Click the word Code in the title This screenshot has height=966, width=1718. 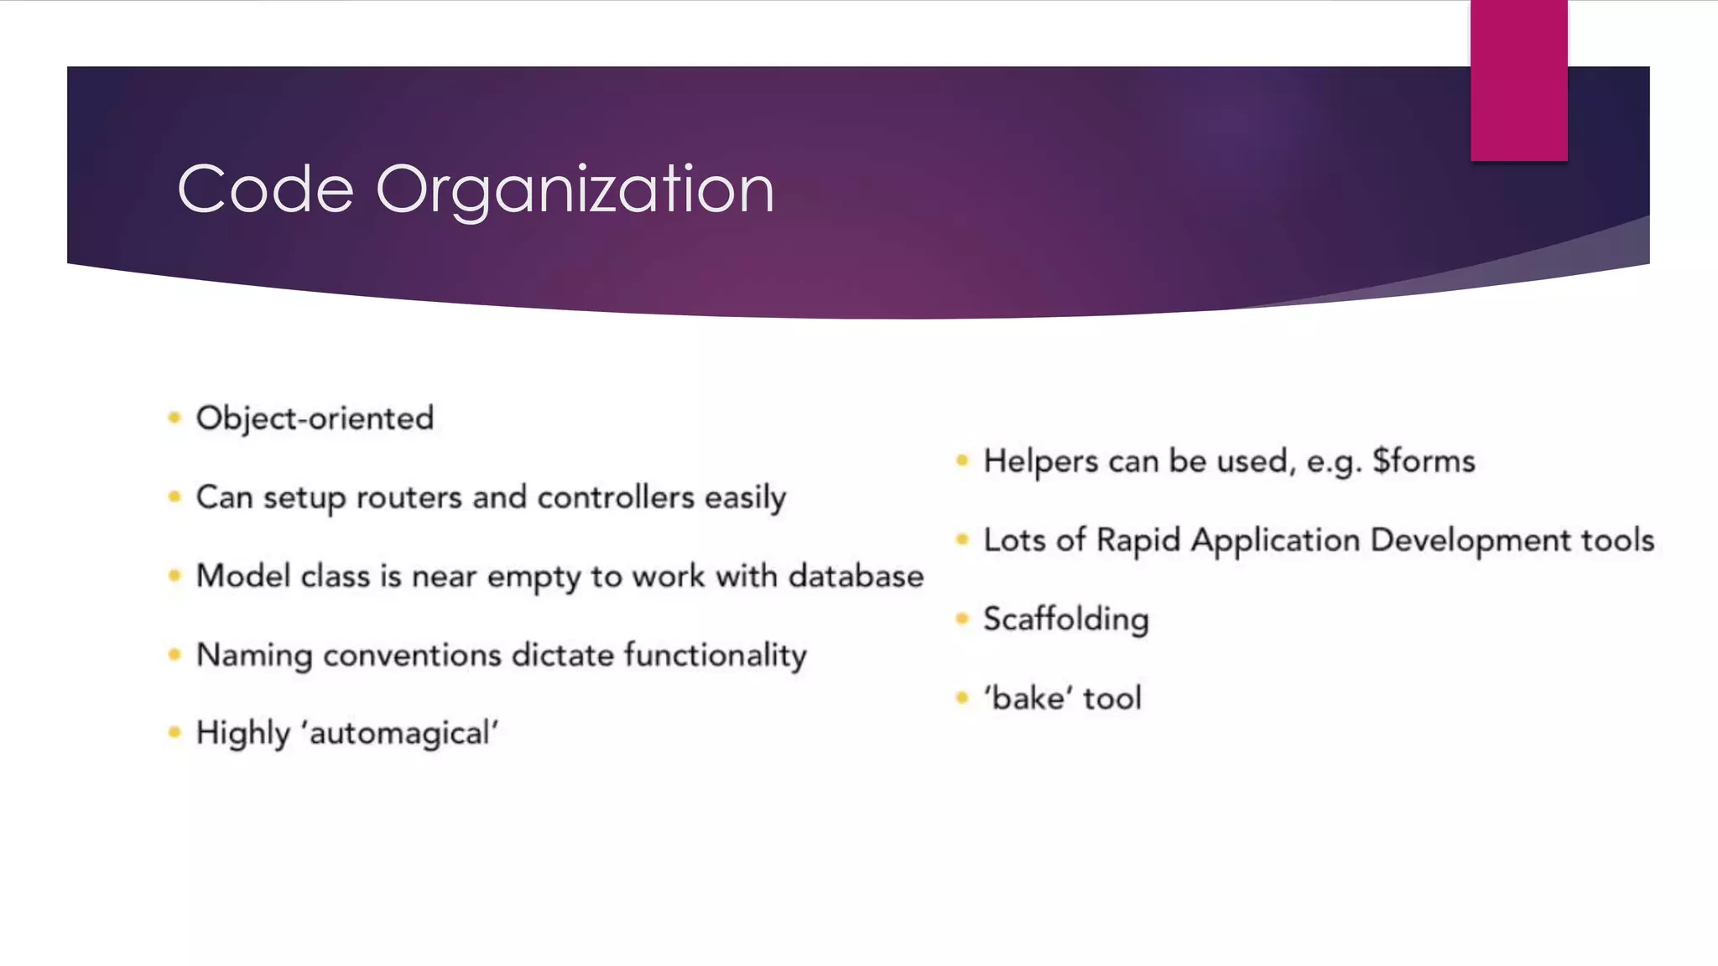click(265, 190)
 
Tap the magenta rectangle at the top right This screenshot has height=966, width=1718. click(1518, 80)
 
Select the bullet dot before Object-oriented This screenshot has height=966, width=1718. click(174, 418)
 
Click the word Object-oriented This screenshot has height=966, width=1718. click(315, 418)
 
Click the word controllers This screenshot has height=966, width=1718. click(616, 498)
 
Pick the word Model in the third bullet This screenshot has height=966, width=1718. click(242, 576)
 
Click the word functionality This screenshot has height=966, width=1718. click(715, 655)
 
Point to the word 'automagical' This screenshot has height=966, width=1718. click(403, 734)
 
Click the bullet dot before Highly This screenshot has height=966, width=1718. click(174, 733)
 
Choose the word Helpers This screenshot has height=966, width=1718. click(1040, 462)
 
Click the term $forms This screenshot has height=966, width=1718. click(1424, 461)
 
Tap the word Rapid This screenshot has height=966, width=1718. click(1138, 541)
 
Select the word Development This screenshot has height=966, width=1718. click(1470, 541)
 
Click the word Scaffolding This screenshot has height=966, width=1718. click(1065, 620)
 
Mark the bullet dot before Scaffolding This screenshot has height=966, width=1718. click(962, 619)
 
